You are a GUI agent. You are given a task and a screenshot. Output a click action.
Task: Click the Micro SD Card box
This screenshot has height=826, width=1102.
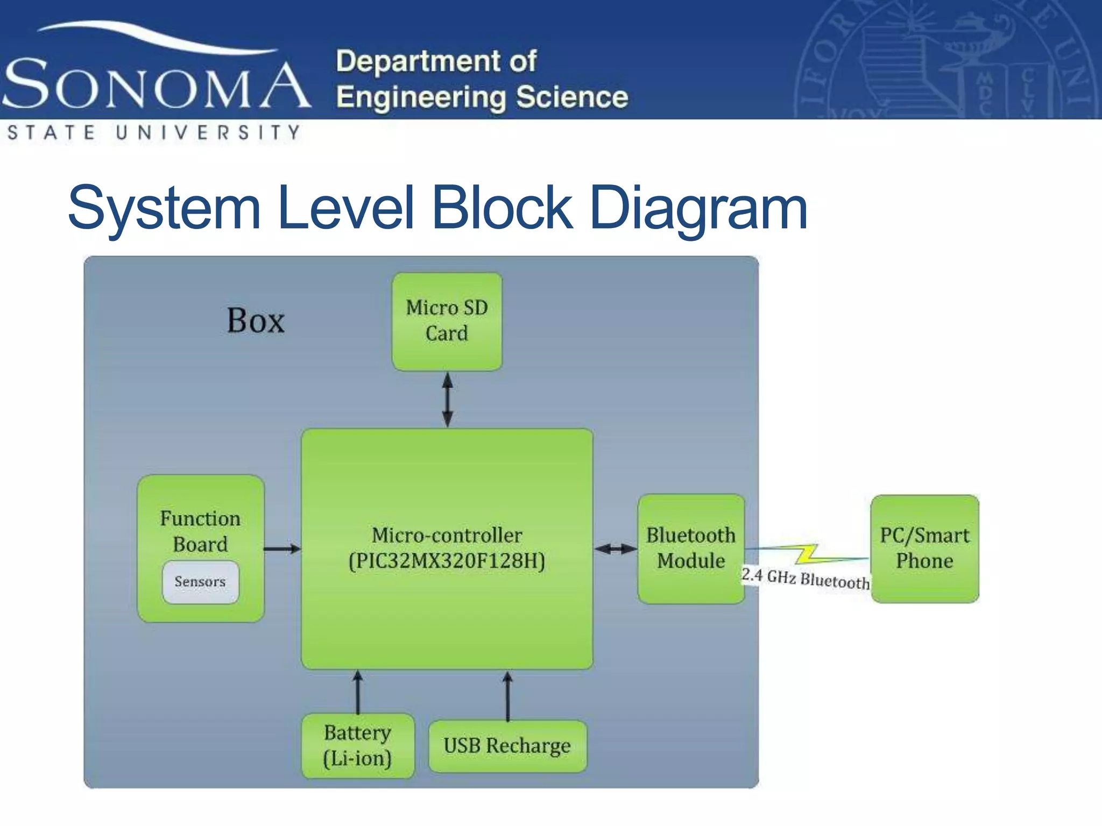tap(447, 321)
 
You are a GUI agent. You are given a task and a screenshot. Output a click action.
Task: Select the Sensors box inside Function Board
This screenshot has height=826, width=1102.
tap(200, 582)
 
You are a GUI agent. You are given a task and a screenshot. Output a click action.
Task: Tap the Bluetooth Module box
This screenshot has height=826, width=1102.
tap(691, 549)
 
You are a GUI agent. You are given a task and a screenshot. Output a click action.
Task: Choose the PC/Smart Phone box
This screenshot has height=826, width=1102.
tap(924, 549)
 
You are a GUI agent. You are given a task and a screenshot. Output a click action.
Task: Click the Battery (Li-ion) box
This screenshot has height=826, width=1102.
tap(358, 745)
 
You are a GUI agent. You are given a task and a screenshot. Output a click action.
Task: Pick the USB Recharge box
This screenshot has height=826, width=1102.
tap(507, 746)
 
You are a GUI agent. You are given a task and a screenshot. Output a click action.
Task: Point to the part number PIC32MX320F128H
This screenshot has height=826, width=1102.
tap(447, 561)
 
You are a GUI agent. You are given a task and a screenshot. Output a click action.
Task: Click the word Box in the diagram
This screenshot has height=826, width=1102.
tap(256, 321)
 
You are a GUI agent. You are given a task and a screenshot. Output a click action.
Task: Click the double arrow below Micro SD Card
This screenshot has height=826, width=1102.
tap(447, 400)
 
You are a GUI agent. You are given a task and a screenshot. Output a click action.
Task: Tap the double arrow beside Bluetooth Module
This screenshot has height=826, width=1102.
tap(616, 549)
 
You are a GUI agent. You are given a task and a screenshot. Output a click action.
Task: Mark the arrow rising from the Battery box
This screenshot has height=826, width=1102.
tap(358, 692)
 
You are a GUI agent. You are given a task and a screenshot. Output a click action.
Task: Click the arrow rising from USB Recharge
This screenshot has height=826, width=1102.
tap(507, 695)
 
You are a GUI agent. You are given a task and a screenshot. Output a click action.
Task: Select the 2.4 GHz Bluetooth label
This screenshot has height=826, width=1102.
tap(805, 578)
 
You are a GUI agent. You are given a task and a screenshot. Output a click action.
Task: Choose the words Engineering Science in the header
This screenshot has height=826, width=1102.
tap(482, 97)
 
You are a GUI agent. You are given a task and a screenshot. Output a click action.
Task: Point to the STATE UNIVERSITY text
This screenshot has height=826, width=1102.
tap(153, 132)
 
